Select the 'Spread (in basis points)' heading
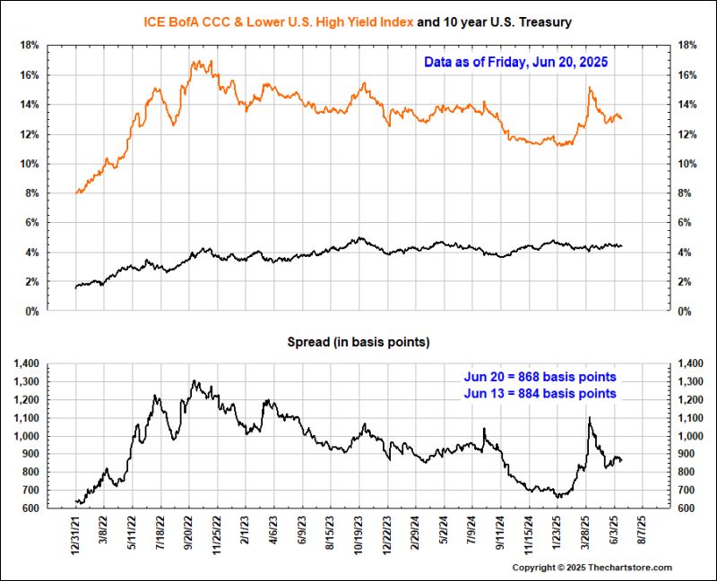[x=358, y=342]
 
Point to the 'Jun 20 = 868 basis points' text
[x=540, y=376]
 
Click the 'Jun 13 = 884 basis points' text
[x=540, y=392]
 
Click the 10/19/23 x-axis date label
[x=358, y=534]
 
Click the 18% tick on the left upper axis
[x=28, y=45]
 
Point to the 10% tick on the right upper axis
[x=687, y=164]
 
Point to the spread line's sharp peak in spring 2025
[x=589, y=417]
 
